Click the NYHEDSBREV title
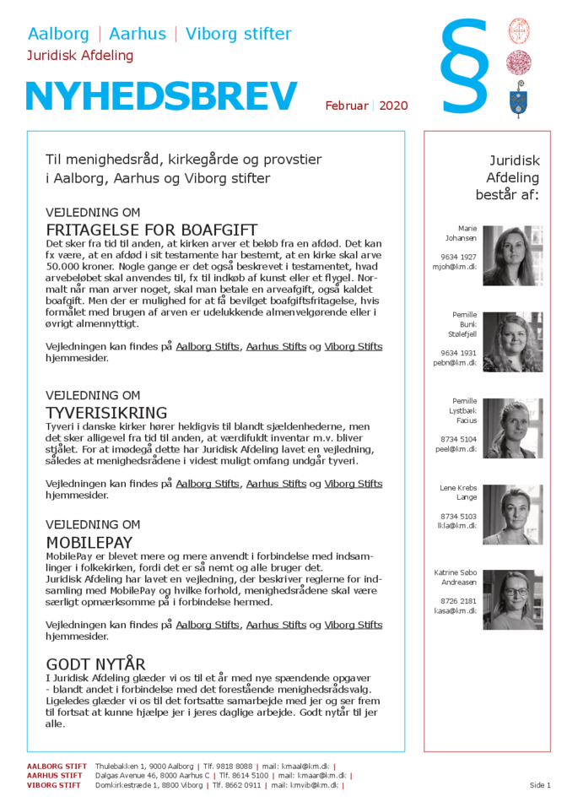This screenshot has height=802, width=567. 161,97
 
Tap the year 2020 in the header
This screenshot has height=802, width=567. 393,106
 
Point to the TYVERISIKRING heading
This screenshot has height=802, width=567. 106,413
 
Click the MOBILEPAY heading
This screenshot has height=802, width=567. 89,543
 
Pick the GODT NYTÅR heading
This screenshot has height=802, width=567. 95,664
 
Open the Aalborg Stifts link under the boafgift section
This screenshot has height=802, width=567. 208,346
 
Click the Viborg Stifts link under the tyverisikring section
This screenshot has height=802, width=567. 354,484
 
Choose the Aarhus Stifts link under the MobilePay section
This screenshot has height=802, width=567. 276,625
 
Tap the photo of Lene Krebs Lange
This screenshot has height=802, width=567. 512,514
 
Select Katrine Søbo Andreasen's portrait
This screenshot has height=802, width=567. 512,600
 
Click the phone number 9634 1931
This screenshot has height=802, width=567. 458,353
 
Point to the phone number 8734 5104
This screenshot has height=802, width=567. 458,439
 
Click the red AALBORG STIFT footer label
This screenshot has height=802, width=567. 55,767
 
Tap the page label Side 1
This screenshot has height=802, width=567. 540,785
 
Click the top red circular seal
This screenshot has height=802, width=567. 518,31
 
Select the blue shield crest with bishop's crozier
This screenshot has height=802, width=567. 518,100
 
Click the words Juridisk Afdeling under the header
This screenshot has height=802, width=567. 80,56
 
